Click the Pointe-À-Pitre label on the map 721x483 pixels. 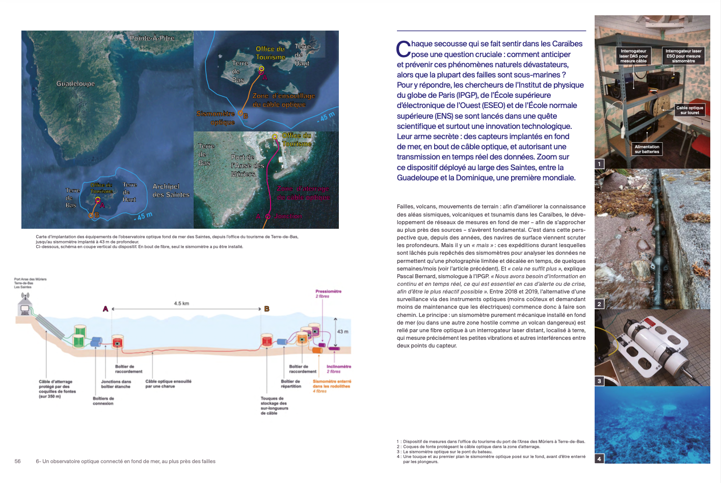coord(152,38)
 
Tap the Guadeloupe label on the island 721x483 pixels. coord(75,84)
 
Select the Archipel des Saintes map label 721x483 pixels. coord(171,191)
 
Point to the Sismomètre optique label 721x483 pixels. coord(216,118)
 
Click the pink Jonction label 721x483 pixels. coord(288,217)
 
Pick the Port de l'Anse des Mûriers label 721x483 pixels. coord(247,166)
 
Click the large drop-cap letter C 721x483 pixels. coord(404,49)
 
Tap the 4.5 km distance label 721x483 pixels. coord(181,304)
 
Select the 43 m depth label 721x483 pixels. coord(343,332)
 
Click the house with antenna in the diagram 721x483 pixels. coord(24,307)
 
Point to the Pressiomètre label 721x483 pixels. coord(328,291)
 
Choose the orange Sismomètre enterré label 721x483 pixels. coord(332,384)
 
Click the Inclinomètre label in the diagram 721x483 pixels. coord(338,367)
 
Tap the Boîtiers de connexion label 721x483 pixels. coord(103,401)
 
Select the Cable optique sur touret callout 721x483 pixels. coord(689,110)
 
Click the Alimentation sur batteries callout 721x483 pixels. coord(647,149)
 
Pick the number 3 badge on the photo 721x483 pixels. coord(599,381)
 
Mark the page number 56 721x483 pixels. coord(17,462)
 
